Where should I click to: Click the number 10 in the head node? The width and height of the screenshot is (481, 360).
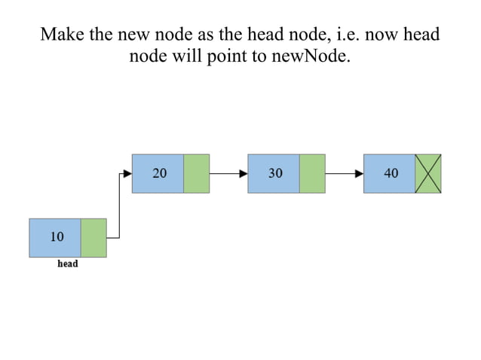(x=57, y=236)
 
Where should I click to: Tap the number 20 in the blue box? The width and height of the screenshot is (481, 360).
(x=160, y=173)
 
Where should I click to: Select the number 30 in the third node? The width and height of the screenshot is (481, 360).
(x=275, y=173)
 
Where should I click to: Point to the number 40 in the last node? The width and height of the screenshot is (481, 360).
(x=391, y=173)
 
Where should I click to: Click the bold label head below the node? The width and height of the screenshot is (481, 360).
(x=68, y=264)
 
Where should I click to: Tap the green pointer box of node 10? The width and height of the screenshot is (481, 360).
(x=93, y=238)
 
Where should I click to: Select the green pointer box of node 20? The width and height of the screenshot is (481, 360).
(x=197, y=174)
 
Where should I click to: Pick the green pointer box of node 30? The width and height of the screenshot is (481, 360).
(x=312, y=174)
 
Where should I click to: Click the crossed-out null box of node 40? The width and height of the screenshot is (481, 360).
(x=428, y=174)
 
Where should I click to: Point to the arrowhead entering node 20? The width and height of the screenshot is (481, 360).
(x=128, y=174)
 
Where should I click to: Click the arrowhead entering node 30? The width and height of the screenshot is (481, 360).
(x=244, y=174)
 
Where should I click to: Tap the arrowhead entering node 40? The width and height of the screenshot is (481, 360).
(x=360, y=174)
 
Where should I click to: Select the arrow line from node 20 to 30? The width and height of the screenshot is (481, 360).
(x=229, y=174)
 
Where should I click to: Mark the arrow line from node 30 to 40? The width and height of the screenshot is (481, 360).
(x=345, y=174)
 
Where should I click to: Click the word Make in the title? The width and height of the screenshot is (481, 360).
(x=63, y=34)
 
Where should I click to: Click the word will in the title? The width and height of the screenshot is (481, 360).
(x=187, y=56)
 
